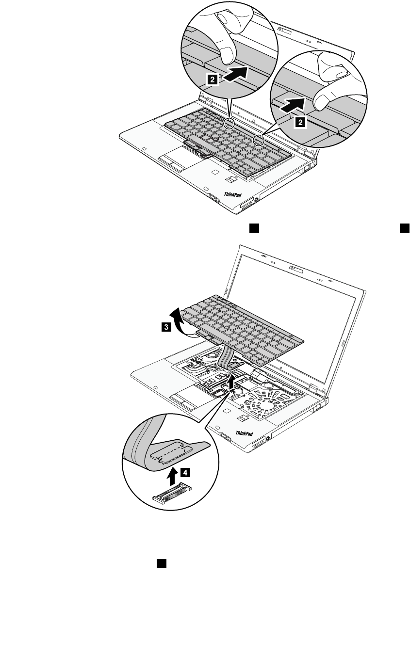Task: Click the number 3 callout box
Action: click(x=166, y=327)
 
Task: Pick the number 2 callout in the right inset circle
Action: click(x=300, y=123)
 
